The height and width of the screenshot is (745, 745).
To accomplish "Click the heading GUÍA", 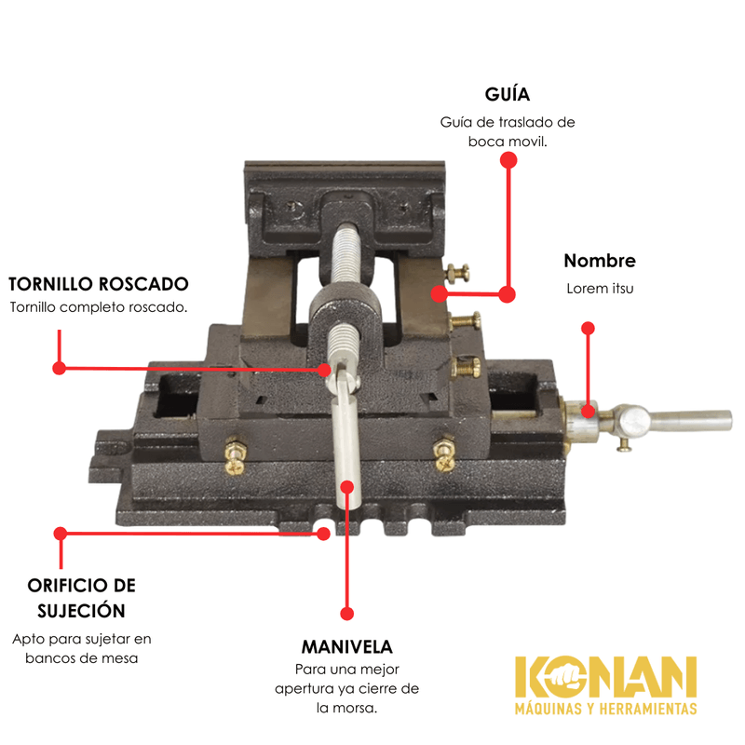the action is [x=507, y=94].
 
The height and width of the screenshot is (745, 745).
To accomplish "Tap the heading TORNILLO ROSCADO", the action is [x=99, y=284].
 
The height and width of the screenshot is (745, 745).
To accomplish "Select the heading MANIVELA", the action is [x=346, y=646].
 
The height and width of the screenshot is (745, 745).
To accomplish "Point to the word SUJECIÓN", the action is [x=81, y=611].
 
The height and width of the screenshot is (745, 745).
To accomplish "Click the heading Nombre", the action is [x=600, y=261].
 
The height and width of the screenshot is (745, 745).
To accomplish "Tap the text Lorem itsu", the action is [x=600, y=289].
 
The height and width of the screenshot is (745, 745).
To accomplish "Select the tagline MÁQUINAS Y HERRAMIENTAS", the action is [x=606, y=709].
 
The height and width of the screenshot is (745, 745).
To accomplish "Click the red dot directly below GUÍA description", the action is [x=508, y=160].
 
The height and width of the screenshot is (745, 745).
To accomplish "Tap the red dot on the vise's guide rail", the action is [x=440, y=293].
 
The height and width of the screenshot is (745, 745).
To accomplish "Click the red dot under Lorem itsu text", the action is [x=589, y=329].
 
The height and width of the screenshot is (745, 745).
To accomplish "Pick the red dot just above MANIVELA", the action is [x=347, y=614].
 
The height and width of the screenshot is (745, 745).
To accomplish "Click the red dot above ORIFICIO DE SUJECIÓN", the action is [x=61, y=534].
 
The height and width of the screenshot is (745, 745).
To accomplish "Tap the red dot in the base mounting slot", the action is [x=323, y=534].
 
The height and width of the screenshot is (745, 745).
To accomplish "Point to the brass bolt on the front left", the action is [x=236, y=454].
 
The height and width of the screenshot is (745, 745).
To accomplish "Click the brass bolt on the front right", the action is [x=444, y=455].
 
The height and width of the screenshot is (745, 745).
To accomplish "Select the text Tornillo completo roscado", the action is [x=99, y=307].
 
